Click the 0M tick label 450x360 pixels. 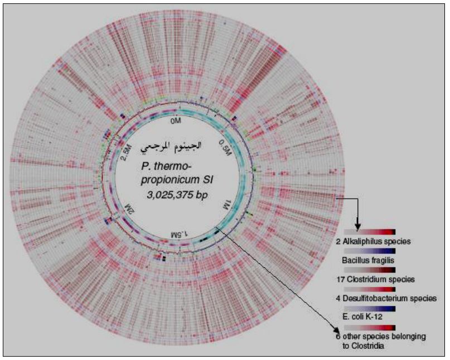pyautogui.click(x=176, y=120)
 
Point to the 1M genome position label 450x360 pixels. pyautogui.click(x=226, y=202)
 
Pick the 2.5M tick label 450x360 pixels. pyautogui.click(x=127, y=151)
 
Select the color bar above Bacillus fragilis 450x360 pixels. pyautogui.click(x=370, y=251)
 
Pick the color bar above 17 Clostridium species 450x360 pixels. pyautogui.click(x=370, y=269)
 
